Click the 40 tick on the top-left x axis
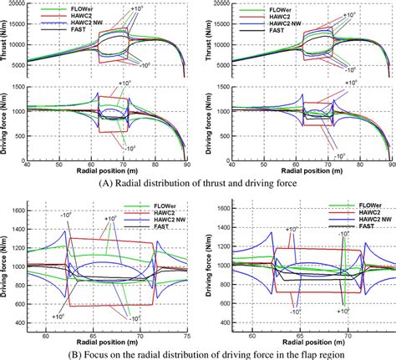pos(33,165)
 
